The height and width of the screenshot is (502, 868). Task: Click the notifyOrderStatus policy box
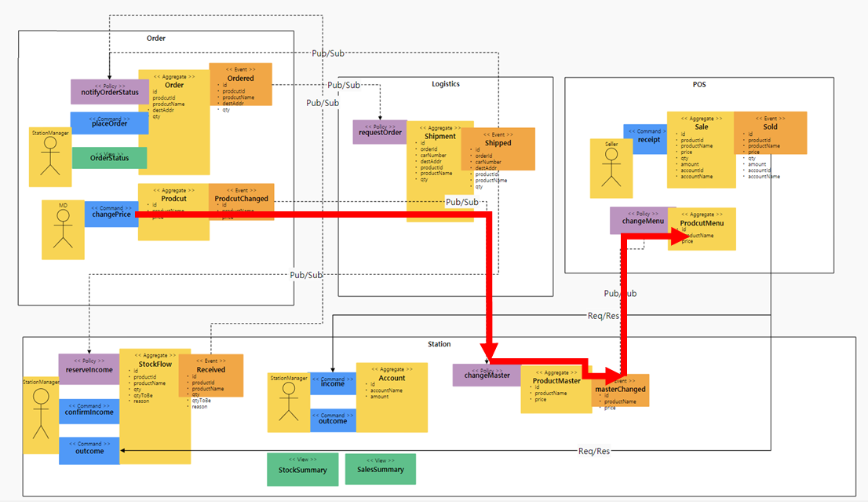click(109, 91)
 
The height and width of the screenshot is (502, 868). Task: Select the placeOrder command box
click(109, 123)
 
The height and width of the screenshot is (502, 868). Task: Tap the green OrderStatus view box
click(109, 158)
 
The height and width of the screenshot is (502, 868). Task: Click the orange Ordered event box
click(240, 83)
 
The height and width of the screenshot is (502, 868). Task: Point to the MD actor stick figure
click(63, 229)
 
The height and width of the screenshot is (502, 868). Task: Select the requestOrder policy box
click(380, 132)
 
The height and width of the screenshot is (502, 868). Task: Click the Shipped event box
click(498, 148)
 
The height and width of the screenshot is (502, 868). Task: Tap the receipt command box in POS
click(645, 139)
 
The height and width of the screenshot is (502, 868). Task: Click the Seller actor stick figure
click(611, 168)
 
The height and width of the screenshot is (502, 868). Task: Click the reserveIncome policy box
click(89, 368)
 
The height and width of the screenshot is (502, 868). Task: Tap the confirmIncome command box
click(89, 412)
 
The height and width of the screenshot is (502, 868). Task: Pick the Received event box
click(210, 376)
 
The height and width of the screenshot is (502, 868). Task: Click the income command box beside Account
click(333, 383)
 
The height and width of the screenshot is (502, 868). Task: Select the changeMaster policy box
click(487, 375)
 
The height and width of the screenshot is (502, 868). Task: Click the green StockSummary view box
click(302, 469)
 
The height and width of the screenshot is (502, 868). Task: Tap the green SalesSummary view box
click(381, 469)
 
